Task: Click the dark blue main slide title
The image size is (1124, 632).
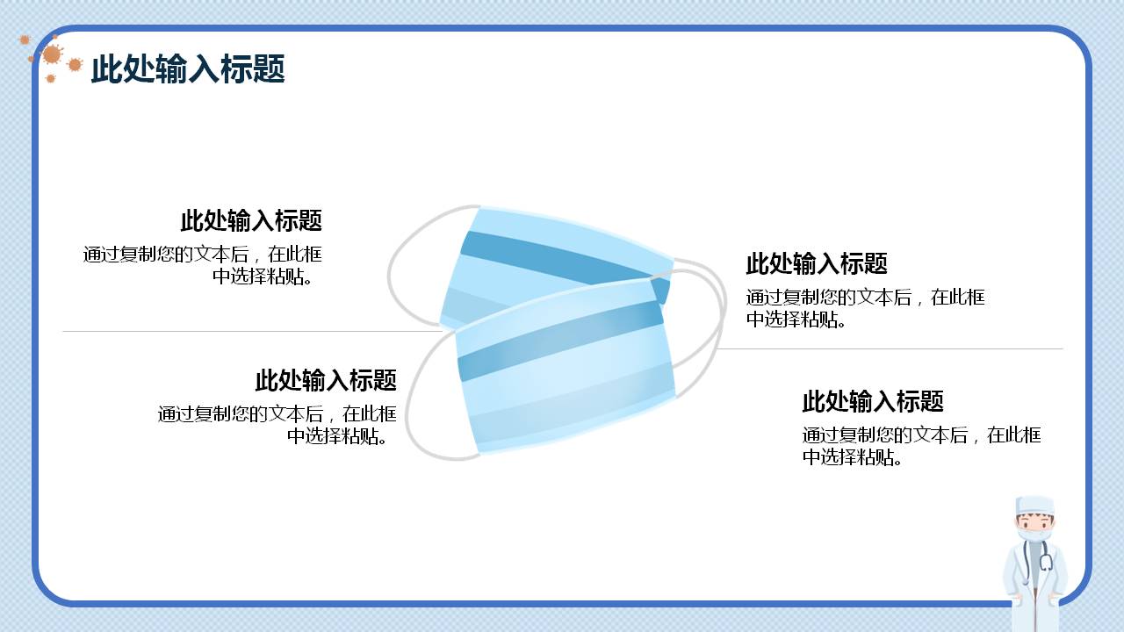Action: [x=188, y=68]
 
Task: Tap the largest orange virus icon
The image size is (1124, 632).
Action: [x=52, y=54]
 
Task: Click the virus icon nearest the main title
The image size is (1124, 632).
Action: [x=75, y=64]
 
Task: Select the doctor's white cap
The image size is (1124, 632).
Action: [x=1034, y=506]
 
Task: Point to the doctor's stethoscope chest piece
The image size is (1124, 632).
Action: [x=1046, y=562]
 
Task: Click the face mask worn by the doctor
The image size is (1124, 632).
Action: [x=1034, y=533]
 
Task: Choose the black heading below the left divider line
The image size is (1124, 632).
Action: [x=326, y=380]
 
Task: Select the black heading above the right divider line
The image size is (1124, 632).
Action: [x=817, y=263]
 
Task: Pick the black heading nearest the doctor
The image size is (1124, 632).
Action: [x=873, y=401]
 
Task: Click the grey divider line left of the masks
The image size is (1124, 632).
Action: [x=246, y=332]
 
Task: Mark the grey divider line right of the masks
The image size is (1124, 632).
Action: [x=887, y=348]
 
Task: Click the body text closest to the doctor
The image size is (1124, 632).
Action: [x=920, y=445]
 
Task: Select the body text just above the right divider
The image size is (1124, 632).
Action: [x=865, y=308]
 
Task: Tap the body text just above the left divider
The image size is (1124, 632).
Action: [x=204, y=265]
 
